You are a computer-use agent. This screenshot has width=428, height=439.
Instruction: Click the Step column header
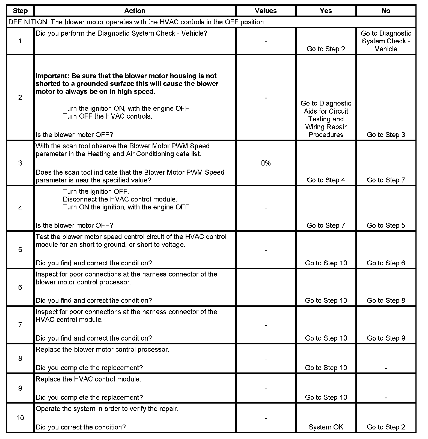20,11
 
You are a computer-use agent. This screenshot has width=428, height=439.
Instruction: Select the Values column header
266,11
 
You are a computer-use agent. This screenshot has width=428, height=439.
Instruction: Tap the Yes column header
326,11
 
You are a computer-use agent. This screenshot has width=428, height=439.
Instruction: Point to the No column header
386,11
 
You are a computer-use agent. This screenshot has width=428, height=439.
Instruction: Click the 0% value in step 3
266,163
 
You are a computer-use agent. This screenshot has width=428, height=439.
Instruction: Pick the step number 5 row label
20,250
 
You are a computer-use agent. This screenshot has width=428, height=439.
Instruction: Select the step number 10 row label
20,418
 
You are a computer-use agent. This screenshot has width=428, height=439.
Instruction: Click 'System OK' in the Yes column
326,427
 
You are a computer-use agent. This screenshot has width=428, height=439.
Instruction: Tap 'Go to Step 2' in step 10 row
386,427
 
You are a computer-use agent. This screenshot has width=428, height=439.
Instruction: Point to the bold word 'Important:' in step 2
52,76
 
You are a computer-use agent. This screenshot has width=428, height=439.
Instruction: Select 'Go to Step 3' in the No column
386,135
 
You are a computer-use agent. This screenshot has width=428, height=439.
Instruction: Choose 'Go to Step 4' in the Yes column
326,180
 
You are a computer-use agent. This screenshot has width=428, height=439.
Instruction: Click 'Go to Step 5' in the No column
386,225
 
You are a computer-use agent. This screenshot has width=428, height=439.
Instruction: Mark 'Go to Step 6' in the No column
386,263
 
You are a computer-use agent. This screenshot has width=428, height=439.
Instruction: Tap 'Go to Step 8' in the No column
386,300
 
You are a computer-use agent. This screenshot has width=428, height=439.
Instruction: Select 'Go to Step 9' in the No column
386,338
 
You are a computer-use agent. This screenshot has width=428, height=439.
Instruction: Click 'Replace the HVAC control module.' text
88,379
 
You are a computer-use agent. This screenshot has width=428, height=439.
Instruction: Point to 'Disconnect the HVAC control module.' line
120,199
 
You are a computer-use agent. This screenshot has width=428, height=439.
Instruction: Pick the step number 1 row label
20,41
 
